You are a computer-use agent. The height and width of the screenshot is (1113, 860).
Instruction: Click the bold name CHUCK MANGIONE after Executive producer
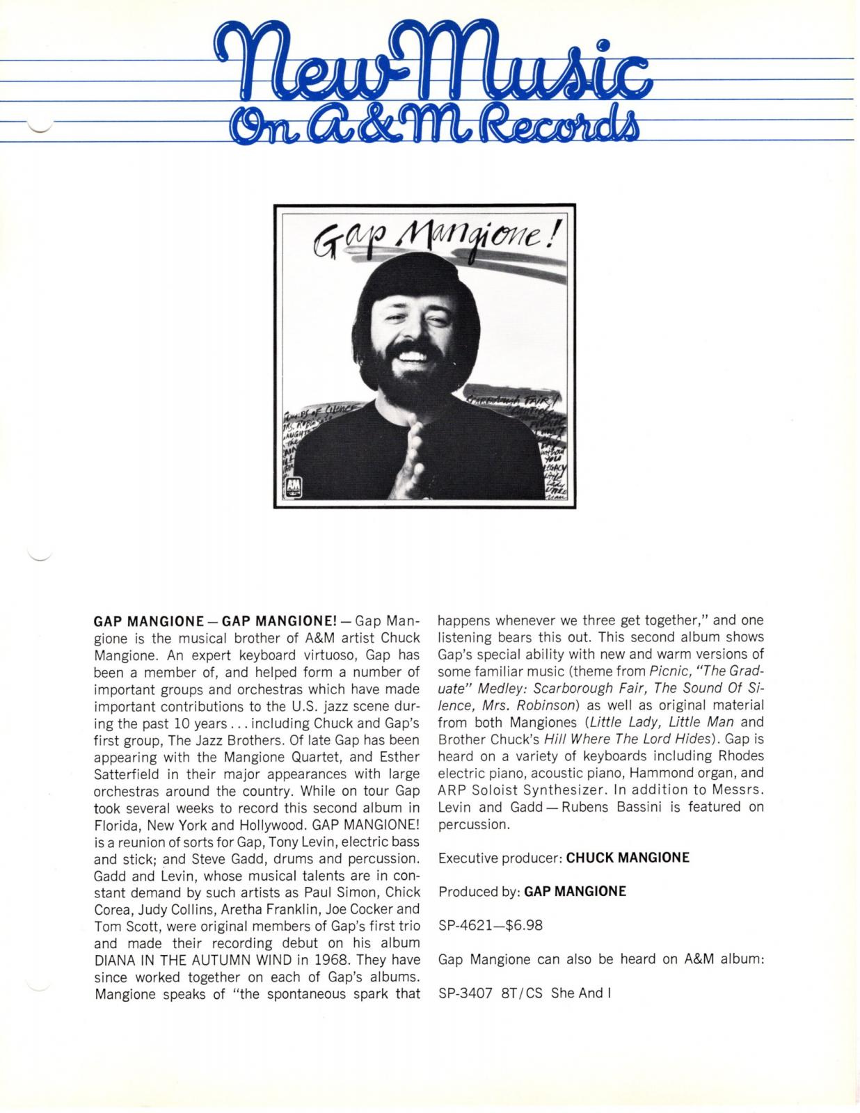(x=628, y=858)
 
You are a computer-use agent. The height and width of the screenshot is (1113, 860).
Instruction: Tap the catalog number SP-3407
(x=466, y=993)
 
